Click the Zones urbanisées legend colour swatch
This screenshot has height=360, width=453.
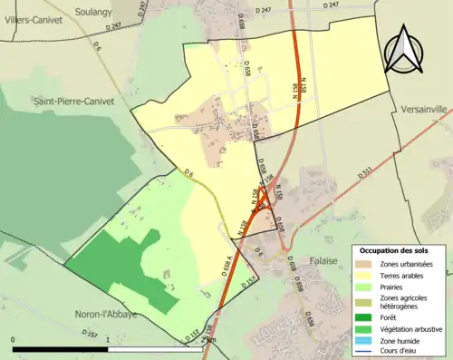pyautogui.click(x=365, y=264)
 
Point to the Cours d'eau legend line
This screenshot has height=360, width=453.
pyautogui.click(x=365, y=354)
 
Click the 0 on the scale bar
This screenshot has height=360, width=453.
pyautogui.click(x=14, y=339)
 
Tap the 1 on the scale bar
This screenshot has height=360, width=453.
pyautogui.click(x=108, y=339)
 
